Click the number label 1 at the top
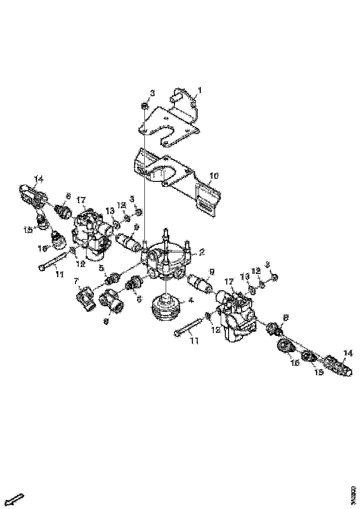pyautogui.click(x=200, y=90)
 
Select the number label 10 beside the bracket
pyautogui.click(x=214, y=176)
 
